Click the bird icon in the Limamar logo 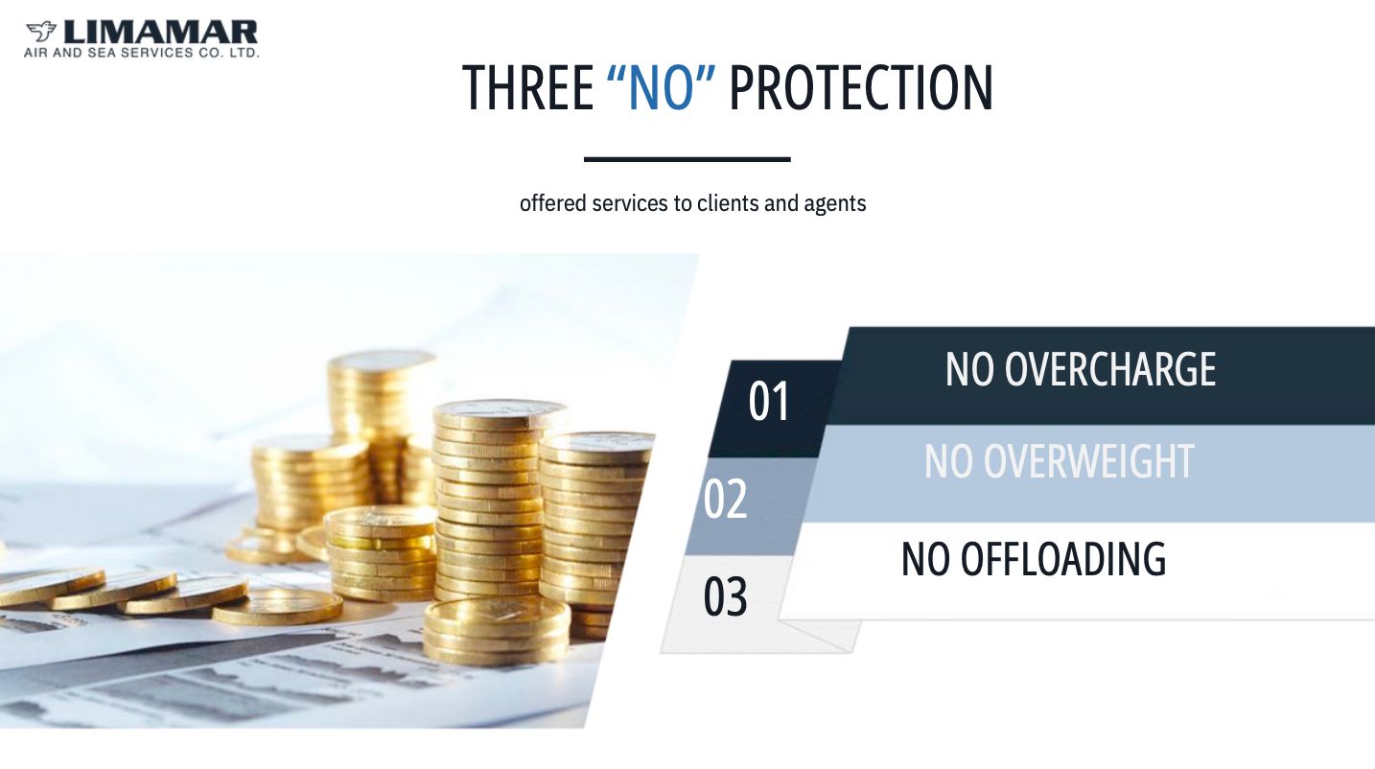coord(41,31)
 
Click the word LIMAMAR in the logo coord(160,32)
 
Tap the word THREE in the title coord(528,88)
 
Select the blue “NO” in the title coord(661,88)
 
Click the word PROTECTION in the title coord(861,88)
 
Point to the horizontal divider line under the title coord(687,159)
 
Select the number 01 coord(769,402)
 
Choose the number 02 coord(726,500)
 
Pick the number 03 coord(726,597)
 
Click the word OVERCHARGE coord(1109,369)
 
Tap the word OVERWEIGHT coord(1089,461)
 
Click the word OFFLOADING coord(1062,559)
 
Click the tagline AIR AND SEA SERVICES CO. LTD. coord(141,54)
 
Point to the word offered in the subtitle coord(553,203)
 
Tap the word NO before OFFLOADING coord(925,559)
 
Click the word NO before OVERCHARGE coord(969,369)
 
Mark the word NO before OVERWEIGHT coord(948,461)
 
